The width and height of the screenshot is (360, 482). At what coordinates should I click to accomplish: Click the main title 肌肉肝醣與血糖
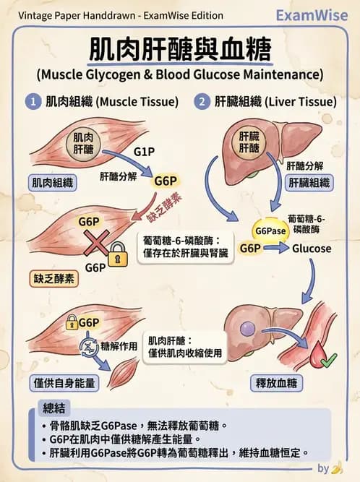(x=180, y=50)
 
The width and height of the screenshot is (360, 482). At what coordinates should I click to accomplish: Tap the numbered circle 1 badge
(x=33, y=102)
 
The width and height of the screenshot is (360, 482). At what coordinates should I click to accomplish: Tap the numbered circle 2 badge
(x=202, y=102)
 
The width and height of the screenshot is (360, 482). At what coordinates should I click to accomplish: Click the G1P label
(x=144, y=152)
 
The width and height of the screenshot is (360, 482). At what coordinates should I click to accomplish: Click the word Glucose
(x=312, y=249)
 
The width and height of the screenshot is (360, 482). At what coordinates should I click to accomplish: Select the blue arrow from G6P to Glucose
(x=275, y=249)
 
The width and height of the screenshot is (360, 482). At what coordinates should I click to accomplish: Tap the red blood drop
(x=318, y=354)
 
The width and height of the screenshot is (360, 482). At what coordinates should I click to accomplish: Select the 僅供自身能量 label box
(x=64, y=382)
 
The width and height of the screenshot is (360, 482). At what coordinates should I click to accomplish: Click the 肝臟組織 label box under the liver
(x=308, y=183)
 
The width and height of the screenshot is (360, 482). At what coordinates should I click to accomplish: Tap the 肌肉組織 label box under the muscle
(x=53, y=183)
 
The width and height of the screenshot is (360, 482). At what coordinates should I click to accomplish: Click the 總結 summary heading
(x=55, y=407)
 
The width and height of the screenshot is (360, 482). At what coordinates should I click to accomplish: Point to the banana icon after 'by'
(x=336, y=468)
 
